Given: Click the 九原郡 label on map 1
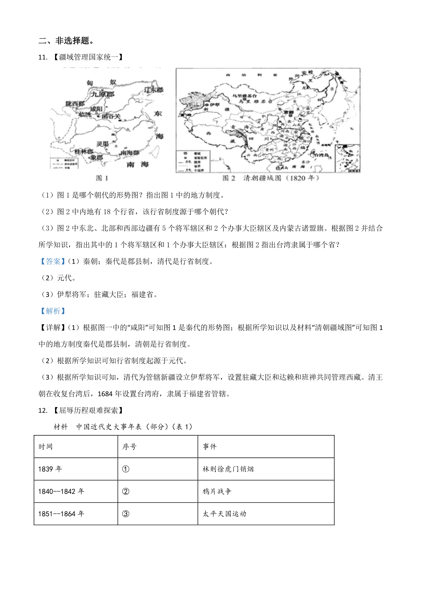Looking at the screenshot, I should pos(103,94).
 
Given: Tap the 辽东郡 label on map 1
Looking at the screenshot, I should pos(154,90).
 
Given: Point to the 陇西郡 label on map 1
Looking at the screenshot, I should pos(75,104).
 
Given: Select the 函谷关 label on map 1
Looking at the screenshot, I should pos(111,116).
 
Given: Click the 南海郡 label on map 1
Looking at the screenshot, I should pos(129,153).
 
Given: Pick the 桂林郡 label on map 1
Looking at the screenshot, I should pos(83,152).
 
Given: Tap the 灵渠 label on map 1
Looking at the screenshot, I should pos(102,144).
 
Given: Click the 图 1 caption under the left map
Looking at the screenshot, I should pos(102,178).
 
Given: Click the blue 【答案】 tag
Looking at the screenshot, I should pos(52,261).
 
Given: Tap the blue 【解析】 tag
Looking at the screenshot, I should pos(52,311).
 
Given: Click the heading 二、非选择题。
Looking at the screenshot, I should pos(66,41).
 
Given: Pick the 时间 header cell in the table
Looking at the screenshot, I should pos(46,446).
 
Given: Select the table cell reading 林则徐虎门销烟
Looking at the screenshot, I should pos(228,469).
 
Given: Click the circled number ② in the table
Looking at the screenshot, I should pos(126,491).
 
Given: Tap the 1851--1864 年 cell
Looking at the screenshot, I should pos(61,514).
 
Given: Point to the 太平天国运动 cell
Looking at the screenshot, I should pos(225,514).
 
